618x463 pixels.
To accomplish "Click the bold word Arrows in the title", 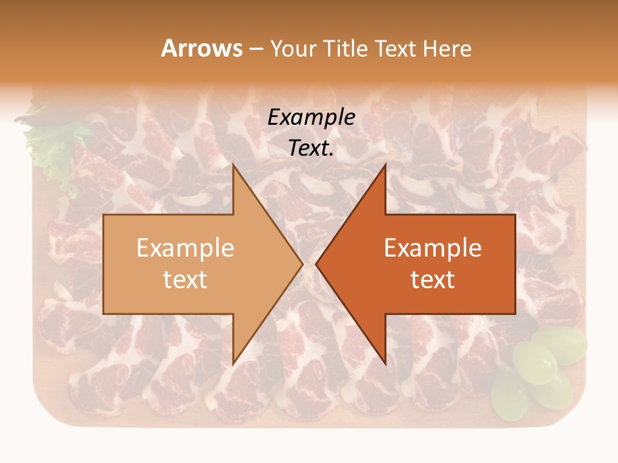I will (202, 48).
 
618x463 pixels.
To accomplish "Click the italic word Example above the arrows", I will (311, 117).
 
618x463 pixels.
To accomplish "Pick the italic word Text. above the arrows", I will (311, 148).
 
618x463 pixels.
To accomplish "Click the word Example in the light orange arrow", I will (185, 248).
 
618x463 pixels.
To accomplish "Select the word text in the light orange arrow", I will (185, 279).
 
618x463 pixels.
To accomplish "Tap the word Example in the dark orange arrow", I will (433, 248).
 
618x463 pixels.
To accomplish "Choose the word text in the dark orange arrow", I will (433, 279).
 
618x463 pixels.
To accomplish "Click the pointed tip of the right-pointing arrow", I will (302, 264).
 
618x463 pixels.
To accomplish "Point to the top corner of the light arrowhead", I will (234, 165).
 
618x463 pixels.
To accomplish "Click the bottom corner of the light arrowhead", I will (234, 363).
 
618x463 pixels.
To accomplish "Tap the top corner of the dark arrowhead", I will (385, 165).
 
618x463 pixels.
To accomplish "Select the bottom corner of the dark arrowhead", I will (385, 363).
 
